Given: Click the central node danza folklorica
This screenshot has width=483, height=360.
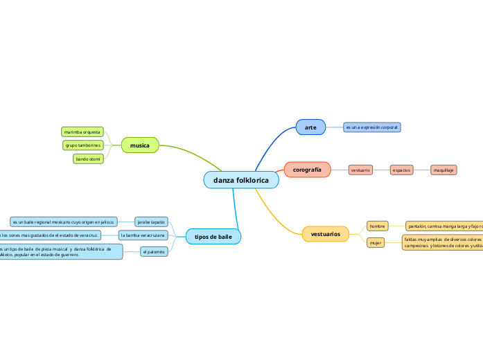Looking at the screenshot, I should coord(241,180).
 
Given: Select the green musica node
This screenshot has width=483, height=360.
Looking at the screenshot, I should coord(140,145).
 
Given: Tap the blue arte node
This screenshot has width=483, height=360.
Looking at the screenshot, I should coord(310,127).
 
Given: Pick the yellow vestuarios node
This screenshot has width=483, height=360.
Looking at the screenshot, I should coord(325,234).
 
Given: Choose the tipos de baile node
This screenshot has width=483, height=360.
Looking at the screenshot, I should coord(213,237).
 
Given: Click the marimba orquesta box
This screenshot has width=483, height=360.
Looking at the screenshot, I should coord(82,132).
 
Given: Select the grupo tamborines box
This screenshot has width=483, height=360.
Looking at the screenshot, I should coord(83,145).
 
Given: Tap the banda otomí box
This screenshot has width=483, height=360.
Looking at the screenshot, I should coord(88,159).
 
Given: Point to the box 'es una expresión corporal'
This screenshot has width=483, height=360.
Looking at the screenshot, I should coord(372,127).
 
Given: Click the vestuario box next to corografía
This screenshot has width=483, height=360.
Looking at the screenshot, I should coord(360,170).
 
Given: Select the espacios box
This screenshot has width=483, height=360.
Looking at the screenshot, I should coord(402,170).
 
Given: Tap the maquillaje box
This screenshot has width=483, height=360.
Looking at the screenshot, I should coord(444,170).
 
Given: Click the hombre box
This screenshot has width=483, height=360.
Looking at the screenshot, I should coord(377,226).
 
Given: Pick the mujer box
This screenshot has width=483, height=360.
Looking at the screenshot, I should coord(376,243).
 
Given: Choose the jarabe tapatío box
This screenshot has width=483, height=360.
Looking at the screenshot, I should coord(151,222).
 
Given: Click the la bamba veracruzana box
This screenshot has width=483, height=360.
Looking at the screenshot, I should coord(143,235).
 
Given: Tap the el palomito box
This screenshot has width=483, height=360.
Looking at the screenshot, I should coord(154,252).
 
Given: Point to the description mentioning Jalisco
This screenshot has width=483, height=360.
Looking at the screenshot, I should coord(63,222).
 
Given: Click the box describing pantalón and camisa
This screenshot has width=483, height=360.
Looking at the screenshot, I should coord(444,226).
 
